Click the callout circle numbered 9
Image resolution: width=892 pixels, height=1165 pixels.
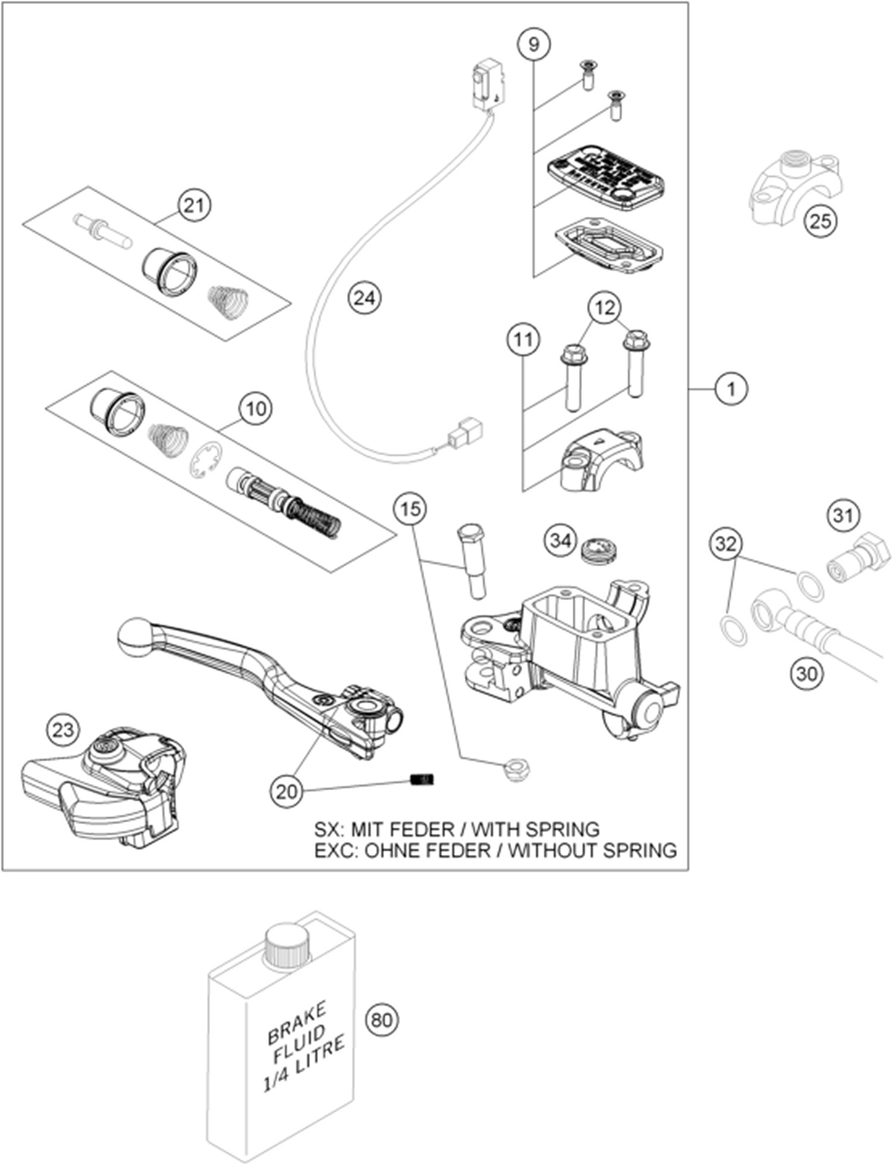pos(533,44)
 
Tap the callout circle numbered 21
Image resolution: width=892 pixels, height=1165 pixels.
pos(194,205)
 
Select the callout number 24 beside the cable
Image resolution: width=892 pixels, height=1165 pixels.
pos(364,297)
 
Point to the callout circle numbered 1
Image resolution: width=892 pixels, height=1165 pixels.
pos(731,389)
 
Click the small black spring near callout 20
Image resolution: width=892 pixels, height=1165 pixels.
pos(423,779)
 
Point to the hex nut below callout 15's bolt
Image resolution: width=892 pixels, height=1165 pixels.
pos(516,770)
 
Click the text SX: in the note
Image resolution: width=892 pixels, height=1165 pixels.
pos(329,829)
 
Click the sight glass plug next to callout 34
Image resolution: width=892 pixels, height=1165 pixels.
pos(599,547)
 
